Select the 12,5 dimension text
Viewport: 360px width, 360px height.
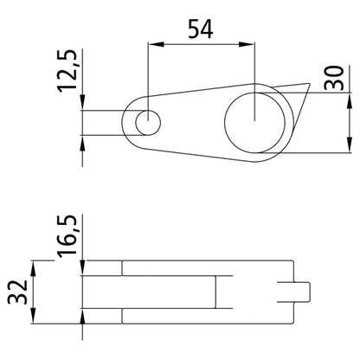(x=71, y=75)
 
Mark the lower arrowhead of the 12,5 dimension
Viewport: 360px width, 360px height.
(x=82, y=143)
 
